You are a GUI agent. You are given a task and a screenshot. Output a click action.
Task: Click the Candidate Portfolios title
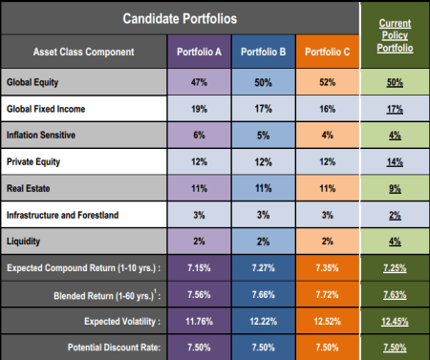[180, 19]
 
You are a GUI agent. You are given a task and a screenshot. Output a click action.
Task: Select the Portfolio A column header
[200, 51]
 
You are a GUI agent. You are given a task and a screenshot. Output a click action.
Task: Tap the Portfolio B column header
[262, 51]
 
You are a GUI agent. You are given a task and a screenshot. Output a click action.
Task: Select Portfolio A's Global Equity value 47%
[200, 83]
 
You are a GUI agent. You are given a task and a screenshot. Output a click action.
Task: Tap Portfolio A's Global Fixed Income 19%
[200, 110]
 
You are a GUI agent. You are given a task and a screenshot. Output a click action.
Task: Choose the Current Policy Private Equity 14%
[394, 162]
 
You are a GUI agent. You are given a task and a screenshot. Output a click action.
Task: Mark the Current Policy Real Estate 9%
[394, 189]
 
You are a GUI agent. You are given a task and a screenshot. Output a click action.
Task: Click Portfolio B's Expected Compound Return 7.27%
[262, 268]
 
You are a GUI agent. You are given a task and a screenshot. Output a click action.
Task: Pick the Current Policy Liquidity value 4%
[394, 243]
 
